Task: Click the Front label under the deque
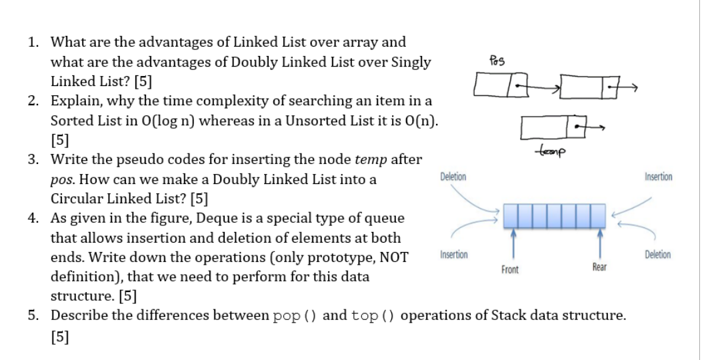(x=511, y=270)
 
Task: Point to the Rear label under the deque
(x=599, y=267)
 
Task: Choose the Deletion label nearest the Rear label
(x=658, y=255)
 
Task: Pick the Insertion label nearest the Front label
(x=453, y=255)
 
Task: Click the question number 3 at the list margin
(x=32, y=160)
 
